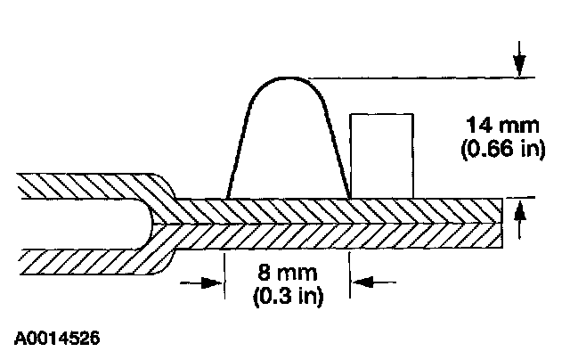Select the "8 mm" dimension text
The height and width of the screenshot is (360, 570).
[x=286, y=271]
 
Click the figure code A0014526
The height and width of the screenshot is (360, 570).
[x=57, y=340]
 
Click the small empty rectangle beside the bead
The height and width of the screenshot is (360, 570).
[x=381, y=154]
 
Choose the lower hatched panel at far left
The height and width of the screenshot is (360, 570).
[x=71, y=262]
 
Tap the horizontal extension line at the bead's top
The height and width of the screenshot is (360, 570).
[x=419, y=78]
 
